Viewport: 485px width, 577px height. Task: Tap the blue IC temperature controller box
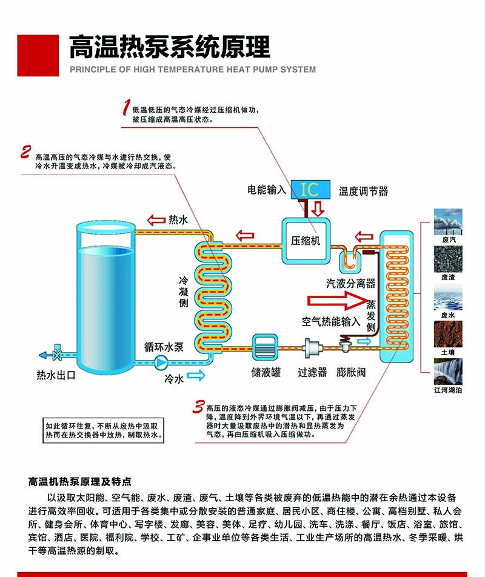pyautogui.click(x=309, y=189)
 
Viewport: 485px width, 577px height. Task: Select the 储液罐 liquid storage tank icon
pyautogui.click(x=264, y=349)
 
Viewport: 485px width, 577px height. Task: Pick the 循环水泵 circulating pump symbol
pyautogui.click(x=162, y=363)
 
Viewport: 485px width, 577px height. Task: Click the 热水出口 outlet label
pyautogui.click(x=56, y=375)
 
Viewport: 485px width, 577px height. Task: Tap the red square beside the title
pyautogui.click(x=38, y=55)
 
